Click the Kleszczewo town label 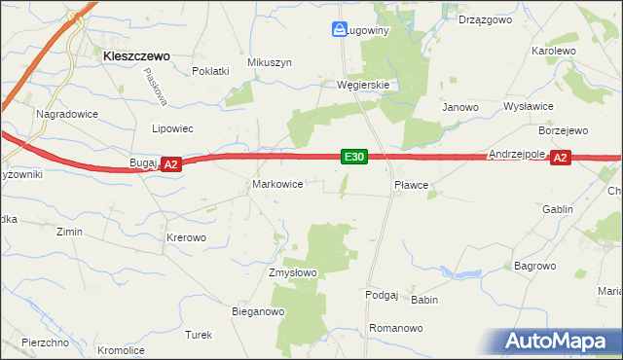click(x=136, y=56)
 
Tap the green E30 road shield click(x=354, y=157)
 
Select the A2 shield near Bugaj click(x=170, y=165)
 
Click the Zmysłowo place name click(x=293, y=272)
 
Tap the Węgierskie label click(x=363, y=85)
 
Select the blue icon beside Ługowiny click(x=340, y=30)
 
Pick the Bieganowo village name click(x=257, y=312)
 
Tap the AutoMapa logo click(x=560, y=341)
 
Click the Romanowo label click(x=396, y=329)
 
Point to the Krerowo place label click(x=186, y=237)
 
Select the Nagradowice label click(x=64, y=114)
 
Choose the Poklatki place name click(x=210, y=71)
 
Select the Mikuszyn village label click(x=270, y=62)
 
